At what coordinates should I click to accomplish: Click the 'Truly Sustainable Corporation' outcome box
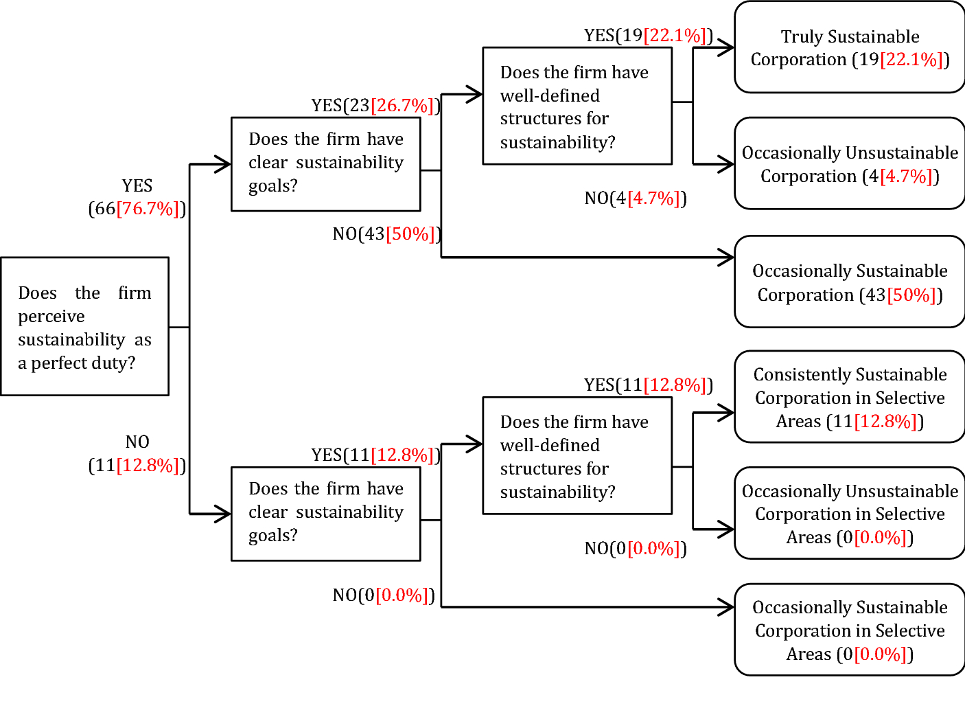pyautogui.click(x=850, y=47)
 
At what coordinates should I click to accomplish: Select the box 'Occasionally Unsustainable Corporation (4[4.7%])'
pyautogui.click(x=850, y=163)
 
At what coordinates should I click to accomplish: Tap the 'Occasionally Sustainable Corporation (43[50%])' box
pyautogui.click(x=850, y=282)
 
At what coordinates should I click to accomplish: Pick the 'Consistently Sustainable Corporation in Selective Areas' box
pyautogui.click(x=850, y=397)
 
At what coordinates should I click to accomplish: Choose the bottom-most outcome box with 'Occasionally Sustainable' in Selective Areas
pyautogui.click(x=850, y=630)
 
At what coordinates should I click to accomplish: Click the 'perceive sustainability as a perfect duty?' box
pyautogui.click(x=84, y=327)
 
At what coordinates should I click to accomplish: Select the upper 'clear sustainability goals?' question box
pyautogui.click(x=325, y=163)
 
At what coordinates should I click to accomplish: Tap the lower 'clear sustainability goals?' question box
pyautogui.click(x=325, y=514)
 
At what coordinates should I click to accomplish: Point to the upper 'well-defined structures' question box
pyautogui.click(x=577, y=106)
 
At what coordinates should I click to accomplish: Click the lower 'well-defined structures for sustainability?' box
pyautogui.click(x=577, y=455)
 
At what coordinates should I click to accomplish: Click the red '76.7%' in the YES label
pyautogui.click(x=148, y=209)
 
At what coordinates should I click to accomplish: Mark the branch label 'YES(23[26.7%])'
pyautogui.click(x=375, y=105)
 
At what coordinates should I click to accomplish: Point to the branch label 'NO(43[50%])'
pyautogui.click(x=386, y=234)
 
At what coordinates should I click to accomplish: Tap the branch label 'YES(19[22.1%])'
pyautogui.click(x=648, y=35)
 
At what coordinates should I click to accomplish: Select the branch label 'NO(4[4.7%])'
pyautogui.click(x=635, y=198)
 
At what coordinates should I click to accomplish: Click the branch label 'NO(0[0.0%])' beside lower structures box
pyautogui.click(x=635, y=548)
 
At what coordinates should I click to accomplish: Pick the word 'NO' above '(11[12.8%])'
pyautogui.click(x=137, y=442)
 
